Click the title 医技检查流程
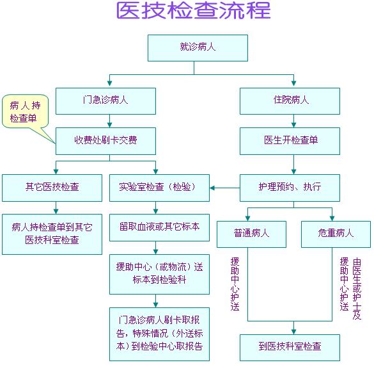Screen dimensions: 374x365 [194, 10]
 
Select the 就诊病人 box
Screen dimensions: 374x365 [198, 48]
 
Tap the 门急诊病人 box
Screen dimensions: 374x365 [105, 101]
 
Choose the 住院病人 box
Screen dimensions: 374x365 [290, 101]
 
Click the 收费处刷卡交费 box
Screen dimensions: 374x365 [105, 141]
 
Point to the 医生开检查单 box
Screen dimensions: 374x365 [290, 141]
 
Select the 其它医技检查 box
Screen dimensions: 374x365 [52, 188]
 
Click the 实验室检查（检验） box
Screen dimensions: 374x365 [159, 188]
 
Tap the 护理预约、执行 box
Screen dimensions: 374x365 [290, 188]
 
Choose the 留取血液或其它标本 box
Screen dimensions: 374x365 [159, 227]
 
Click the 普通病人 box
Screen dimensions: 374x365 [251, 234]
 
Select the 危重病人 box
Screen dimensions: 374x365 [336, 234]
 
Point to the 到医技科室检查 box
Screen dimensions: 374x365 [290, 348]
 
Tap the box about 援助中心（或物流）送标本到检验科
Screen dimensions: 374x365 [159, 274]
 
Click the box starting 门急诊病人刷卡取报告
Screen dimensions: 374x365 [159, 334]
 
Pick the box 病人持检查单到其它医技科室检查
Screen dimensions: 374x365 [52, 234]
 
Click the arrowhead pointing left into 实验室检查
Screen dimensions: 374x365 [212, 188]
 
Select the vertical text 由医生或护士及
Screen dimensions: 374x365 [357, 289]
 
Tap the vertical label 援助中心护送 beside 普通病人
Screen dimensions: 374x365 [235, 284]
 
